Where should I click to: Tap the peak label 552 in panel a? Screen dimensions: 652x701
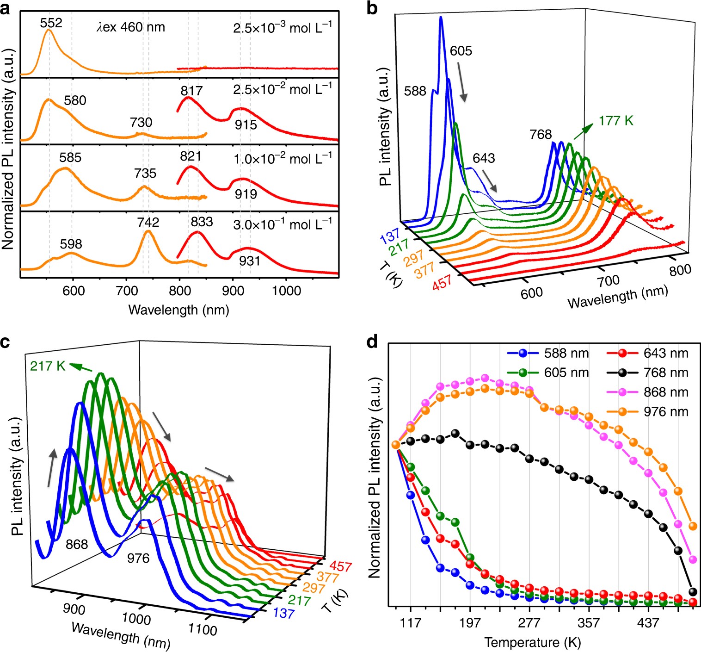(x=51, y=23)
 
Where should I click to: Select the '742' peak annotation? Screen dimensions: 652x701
(x=148, y=222)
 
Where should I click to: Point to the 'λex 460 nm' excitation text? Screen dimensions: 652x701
(x=130, y=27)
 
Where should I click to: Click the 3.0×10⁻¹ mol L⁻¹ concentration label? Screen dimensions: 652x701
(x=282, y=225)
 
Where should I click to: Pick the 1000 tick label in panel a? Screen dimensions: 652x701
(x=286, y=291)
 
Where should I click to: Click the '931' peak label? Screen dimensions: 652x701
(x=250, y=261)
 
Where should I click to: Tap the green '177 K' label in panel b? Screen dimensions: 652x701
(x=615, y=121)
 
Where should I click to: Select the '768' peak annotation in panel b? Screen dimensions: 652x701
(x=541, y=135)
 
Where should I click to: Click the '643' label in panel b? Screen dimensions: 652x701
(x=484, y=158)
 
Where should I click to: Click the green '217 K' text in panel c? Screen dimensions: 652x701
(x=48, y=366)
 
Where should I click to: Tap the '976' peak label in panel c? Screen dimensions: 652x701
(x=138, y=559)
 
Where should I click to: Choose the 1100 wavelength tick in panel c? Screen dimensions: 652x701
(x=203, y=629)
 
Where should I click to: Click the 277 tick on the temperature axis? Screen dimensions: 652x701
(x=529, y=623)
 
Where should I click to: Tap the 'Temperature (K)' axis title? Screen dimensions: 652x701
(x=532, y=643)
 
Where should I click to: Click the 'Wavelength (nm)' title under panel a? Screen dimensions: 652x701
(x=178, y=310)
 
